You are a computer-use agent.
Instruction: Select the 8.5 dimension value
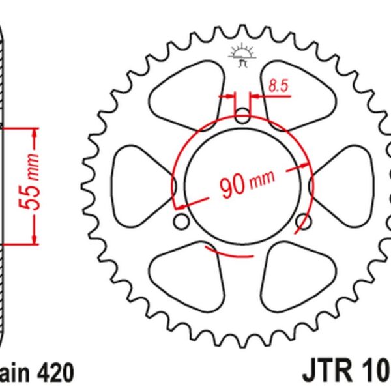pos(278,84)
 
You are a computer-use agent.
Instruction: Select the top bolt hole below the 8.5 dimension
pos(242,117)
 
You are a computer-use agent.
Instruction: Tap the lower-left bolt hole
pos(182,222)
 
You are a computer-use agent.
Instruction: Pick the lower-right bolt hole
pos(302,222)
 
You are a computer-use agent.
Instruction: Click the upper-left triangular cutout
pos(184,91)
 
